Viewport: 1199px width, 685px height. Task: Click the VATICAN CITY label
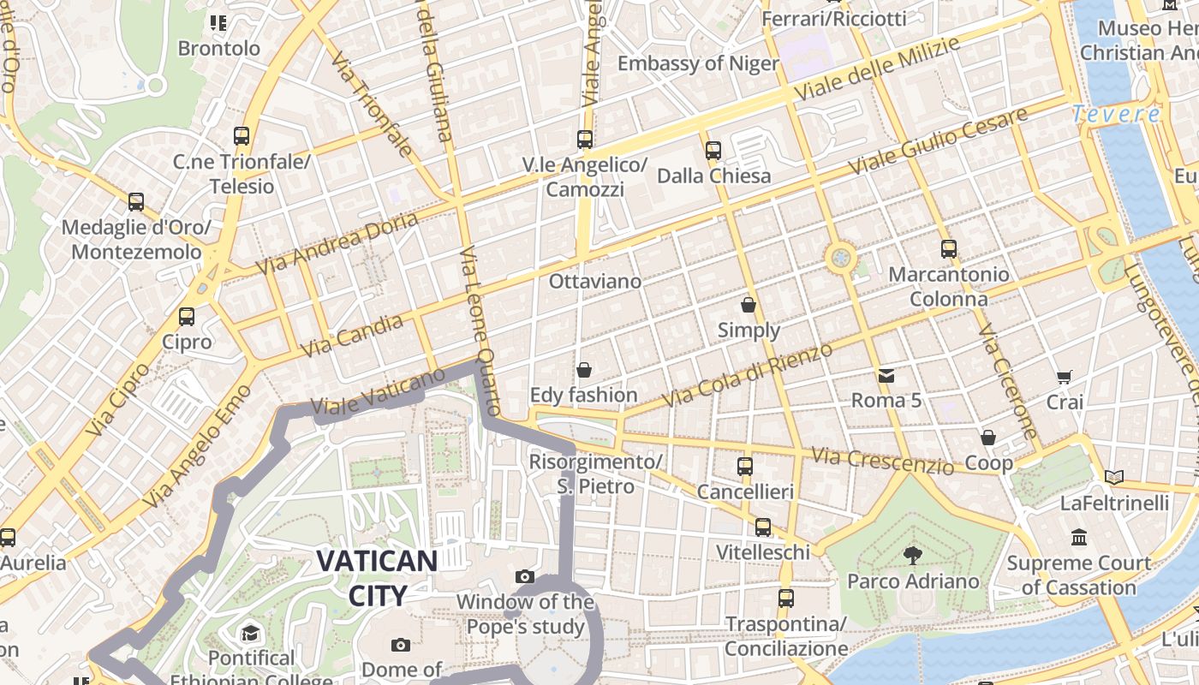pos(377,578)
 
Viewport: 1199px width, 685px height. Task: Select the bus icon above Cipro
pos(187,317)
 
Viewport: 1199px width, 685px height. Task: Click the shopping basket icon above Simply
pos(749,304)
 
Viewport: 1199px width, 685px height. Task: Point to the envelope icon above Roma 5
pos(886,375)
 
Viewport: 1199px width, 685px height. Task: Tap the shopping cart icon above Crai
pos(1065,377)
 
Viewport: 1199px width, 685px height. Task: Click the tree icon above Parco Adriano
pos(913,556)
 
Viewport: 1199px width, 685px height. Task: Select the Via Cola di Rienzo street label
pos(747,375)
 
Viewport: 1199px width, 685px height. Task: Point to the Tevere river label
pos(1116,113)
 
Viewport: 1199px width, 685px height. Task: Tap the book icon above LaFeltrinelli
pos(1113,477)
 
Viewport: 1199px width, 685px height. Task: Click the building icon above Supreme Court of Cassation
pos(1079,538)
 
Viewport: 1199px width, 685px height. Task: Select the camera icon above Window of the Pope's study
pos(525,577)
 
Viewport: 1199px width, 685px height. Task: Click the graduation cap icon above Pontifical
pos(250,633)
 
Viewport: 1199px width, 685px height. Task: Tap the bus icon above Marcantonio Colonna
pos(948,249)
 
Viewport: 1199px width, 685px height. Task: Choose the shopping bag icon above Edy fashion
pos(584,370)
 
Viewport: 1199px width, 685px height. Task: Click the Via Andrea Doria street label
pos(339,242)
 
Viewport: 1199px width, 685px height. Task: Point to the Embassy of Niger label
pos(698,63)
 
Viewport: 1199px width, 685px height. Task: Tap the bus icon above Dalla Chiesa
pos(713,151)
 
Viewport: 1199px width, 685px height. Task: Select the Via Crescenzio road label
pos(882,460)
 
